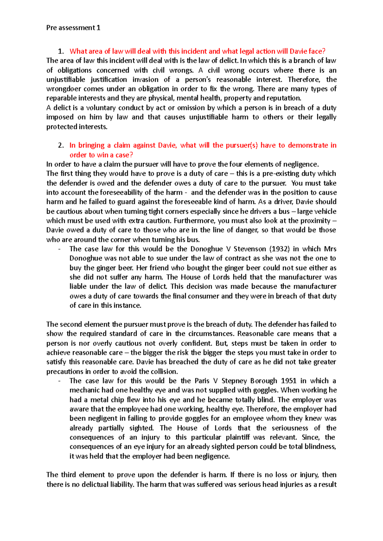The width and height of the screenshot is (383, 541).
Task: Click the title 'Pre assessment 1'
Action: coord(73,28)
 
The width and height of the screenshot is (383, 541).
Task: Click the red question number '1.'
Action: coord(61,51)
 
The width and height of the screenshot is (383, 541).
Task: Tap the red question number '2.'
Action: coord(61,145)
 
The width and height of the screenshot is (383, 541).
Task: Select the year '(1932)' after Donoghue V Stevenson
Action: coord(279,249)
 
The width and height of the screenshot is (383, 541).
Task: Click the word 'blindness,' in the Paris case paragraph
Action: coord(320,446)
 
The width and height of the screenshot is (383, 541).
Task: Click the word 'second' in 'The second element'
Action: coord(71,324)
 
